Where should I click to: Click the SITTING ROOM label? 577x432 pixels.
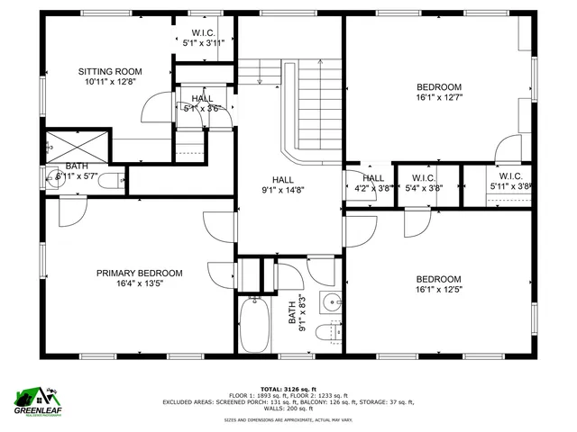(x=110, y=71)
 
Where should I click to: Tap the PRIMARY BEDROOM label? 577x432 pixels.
(x=140, y=274)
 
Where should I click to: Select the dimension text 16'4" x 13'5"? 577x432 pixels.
(x=140, y=283)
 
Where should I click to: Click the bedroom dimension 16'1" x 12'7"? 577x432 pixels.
(x=439, y=97)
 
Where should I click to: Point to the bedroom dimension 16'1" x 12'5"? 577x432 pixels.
(x=439, y=290)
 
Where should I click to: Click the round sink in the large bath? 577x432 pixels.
(x=333, y=302)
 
